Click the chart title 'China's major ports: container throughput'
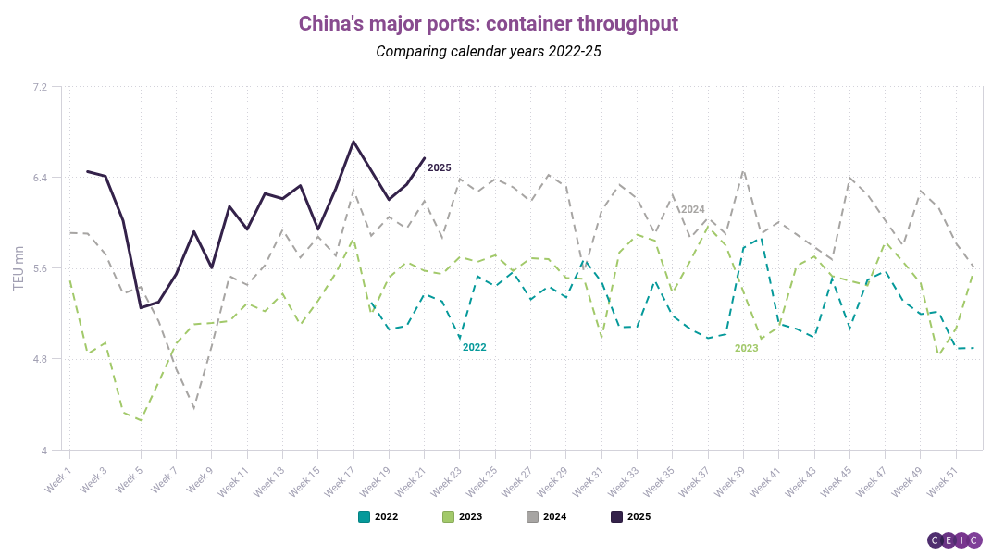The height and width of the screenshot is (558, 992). click(489, 23)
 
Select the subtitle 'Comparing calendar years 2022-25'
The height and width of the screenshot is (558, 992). click(489, 51)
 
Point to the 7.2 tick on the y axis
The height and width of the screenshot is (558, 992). click(40, 87)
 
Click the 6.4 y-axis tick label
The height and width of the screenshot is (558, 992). click(40, 178)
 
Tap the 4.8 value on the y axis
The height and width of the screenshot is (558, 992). click(40, 359)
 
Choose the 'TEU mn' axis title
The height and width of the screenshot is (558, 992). click(19, 268)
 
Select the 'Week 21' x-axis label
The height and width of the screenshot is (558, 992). click(411, 481)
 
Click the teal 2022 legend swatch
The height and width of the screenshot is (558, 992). click(364, 517)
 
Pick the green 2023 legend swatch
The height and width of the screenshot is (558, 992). click(448, 517)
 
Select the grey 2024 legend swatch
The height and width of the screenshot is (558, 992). click(532, 517)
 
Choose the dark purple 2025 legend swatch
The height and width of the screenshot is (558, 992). click(616, 517)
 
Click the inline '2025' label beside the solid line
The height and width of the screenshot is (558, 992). click(439, 167)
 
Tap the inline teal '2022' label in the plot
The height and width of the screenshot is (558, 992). click(475, 347)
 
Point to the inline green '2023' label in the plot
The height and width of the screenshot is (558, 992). click(747, 348)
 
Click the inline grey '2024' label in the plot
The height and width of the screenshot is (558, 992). click(693, 209)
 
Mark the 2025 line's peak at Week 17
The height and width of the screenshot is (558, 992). click(353, 142)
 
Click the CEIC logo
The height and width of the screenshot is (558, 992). click(955, 540)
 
